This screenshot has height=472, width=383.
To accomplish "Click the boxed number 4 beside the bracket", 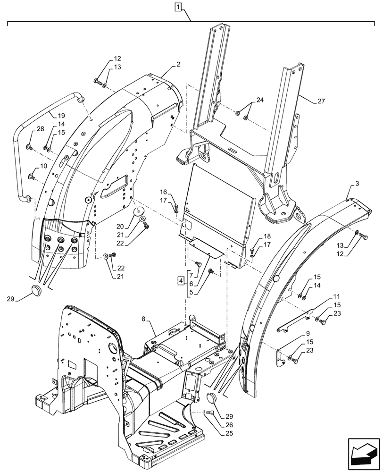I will point(181,282).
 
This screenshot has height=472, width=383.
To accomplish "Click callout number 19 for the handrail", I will point(61,116).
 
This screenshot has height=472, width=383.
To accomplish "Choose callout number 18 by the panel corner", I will point(267,236).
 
